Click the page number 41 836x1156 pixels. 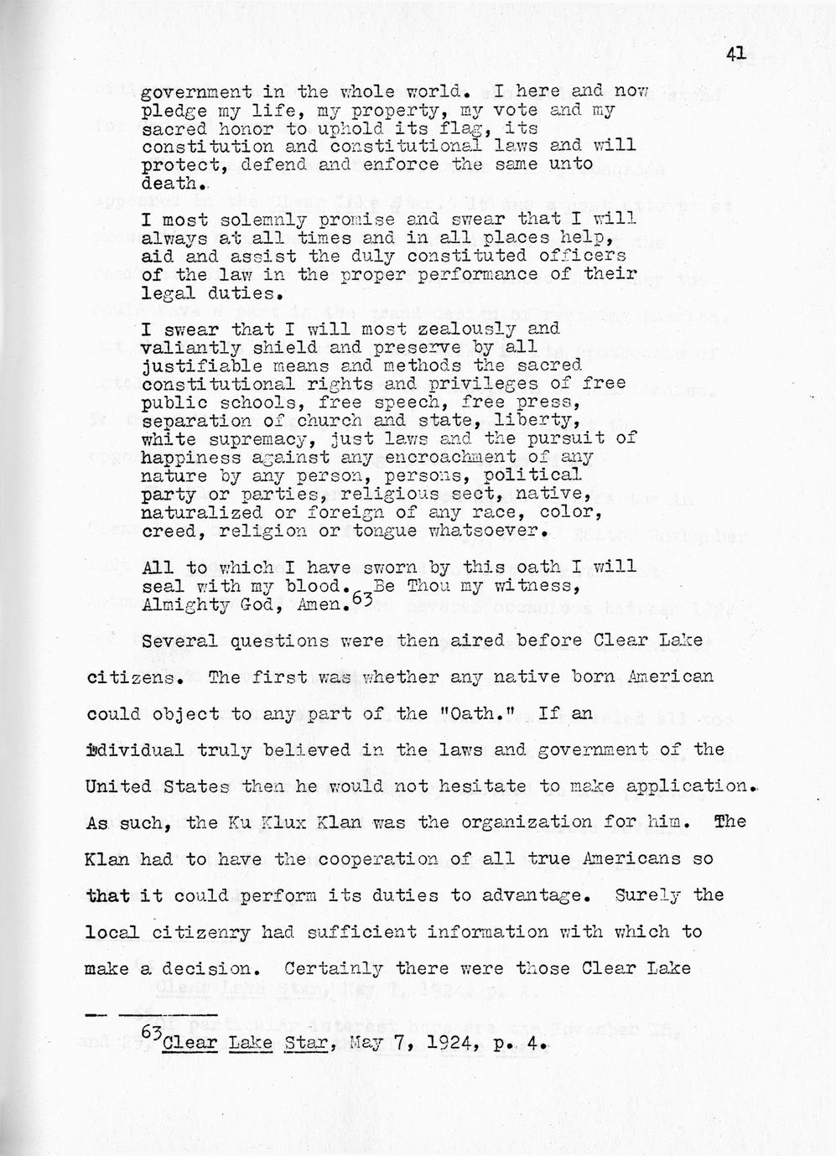736,54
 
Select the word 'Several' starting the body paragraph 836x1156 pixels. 174,641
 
